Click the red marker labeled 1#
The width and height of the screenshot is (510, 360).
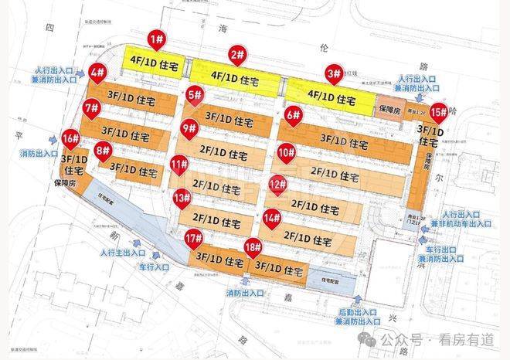click(x=156, y=39)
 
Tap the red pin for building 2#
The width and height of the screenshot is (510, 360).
click(x=237, y=56)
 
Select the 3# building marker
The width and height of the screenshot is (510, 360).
click(x=333, y=74)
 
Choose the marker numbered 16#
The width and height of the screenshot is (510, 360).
click(x=70, y=140)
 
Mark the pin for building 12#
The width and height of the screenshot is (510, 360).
click(x=277, y=184)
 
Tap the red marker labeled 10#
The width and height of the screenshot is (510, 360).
click(x=287, y=152)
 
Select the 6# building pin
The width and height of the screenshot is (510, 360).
click(x=293, y=116)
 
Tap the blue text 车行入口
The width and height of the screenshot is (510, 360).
click(x=153, y=267)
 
